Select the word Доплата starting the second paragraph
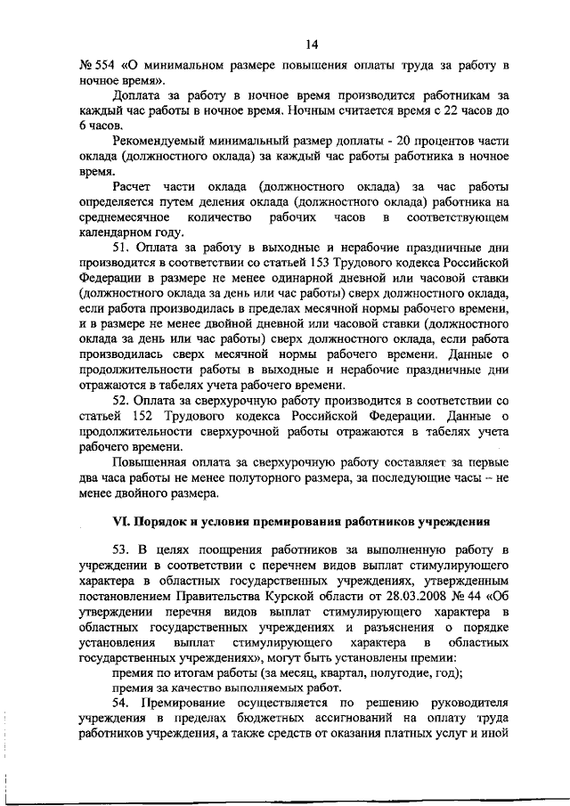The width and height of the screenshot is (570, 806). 137,95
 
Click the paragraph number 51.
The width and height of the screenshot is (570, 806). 120,247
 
